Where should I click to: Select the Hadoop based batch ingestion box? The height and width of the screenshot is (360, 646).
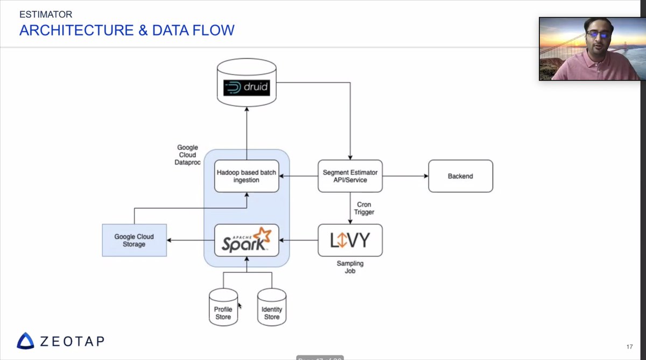point(247,176)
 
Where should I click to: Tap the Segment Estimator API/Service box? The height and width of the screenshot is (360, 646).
point(350,176)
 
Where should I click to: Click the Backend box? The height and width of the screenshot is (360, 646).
point(460,176)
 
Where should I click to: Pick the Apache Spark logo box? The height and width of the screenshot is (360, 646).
point(247,240)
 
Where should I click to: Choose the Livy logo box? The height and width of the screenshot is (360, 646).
point(350,240)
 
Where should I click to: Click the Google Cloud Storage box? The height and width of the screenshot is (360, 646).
point(134,240)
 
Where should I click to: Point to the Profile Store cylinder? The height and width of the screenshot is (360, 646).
point(223,308)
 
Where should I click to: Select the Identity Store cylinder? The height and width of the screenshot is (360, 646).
point(271,308)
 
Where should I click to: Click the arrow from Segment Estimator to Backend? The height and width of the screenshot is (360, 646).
point(405,176)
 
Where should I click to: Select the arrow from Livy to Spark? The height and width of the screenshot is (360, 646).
point(298,240)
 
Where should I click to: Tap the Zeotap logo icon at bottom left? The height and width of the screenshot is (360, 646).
point(25,341)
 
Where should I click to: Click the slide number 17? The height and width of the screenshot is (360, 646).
point(629,346)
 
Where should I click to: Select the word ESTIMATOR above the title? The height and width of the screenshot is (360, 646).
point(46,14)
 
